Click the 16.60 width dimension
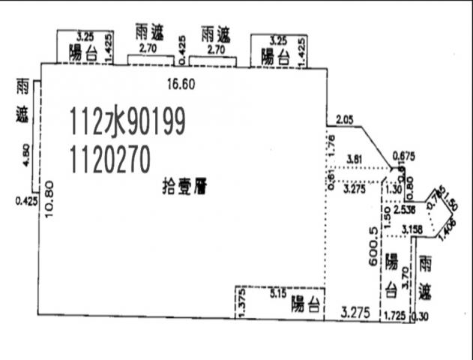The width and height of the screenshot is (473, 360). (x=182, y=84)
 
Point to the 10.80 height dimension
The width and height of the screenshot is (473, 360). (x=49, y=198)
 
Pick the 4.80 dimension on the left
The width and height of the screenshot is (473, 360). (x=27, y=154)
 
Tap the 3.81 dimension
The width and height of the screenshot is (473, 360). (x=356, y=158)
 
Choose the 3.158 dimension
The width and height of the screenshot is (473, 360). (x=413, y=229)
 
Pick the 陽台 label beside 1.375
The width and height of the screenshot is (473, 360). (x=307, y=304)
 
